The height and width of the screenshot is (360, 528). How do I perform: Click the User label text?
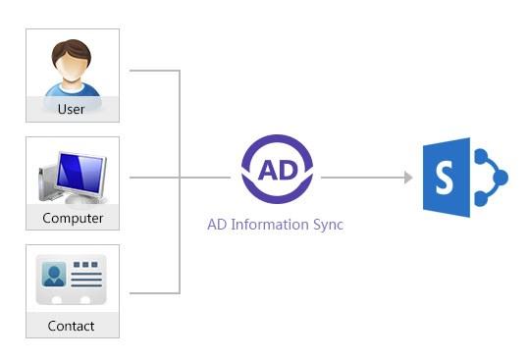coord(72,109)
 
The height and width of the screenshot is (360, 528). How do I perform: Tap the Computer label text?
coord(73,218)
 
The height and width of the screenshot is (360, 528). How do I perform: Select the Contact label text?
coord(72,326)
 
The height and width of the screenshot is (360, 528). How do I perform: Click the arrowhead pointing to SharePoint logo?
coord(407,178)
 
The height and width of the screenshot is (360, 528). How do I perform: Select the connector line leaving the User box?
coord(154,72)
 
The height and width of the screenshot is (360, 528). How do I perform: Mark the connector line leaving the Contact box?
coord(154,292)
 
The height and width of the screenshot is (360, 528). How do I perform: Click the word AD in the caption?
coord(217,225)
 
